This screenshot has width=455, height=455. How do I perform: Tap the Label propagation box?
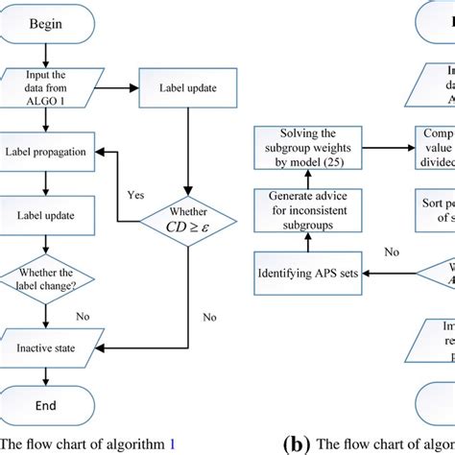pyautogui.click(x=46, y=151)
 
